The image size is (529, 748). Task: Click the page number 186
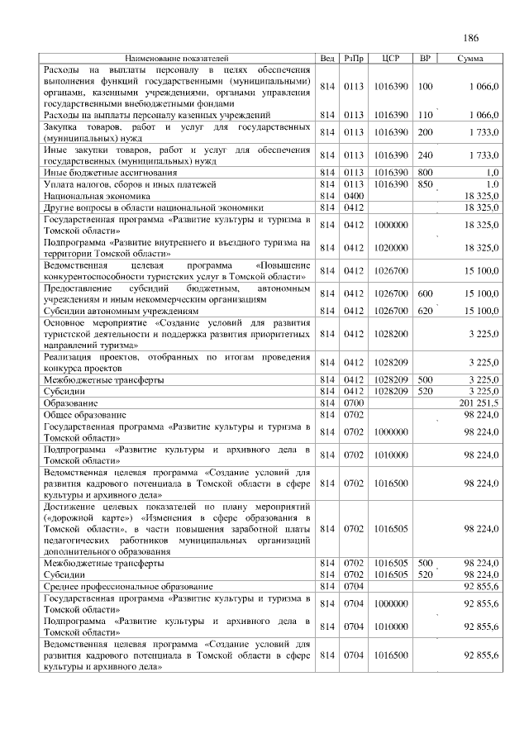pyautogui.click(x=471, y=37)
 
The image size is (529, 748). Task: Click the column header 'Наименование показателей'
pyautogui.click(x=176, y=59)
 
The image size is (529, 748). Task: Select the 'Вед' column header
pyautogui.click(x=327, y=59)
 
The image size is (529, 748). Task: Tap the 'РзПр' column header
pyautogui.click(x=354, y=59)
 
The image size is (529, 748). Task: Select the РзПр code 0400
pyautogui.click(x=354, y=196)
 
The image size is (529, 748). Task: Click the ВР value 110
pyautogui.click(x=426, y=114)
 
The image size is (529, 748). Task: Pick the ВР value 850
pyautogui.click(x=426, y=183)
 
